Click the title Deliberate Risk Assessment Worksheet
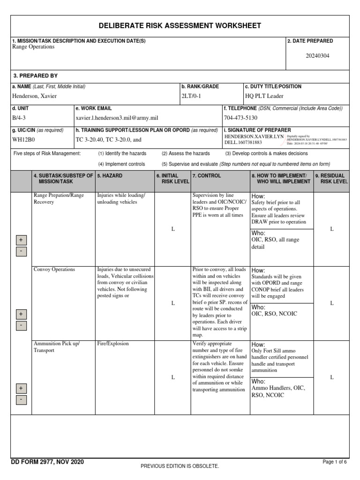point(180,26)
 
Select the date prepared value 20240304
point(317,56)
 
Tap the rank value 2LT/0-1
point(191,96)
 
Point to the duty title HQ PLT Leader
point(264,96)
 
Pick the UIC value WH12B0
point(22,139)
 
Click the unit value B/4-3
point(19,118)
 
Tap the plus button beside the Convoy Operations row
point(21,314)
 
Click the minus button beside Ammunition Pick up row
point(21,400)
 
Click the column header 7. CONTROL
point(206,176)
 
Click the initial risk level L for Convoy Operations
point(172,303)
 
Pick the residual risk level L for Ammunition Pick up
point(332,377)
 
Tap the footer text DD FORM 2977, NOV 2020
point(47,462)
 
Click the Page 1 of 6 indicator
point(335,462)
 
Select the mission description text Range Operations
point(33,47)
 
